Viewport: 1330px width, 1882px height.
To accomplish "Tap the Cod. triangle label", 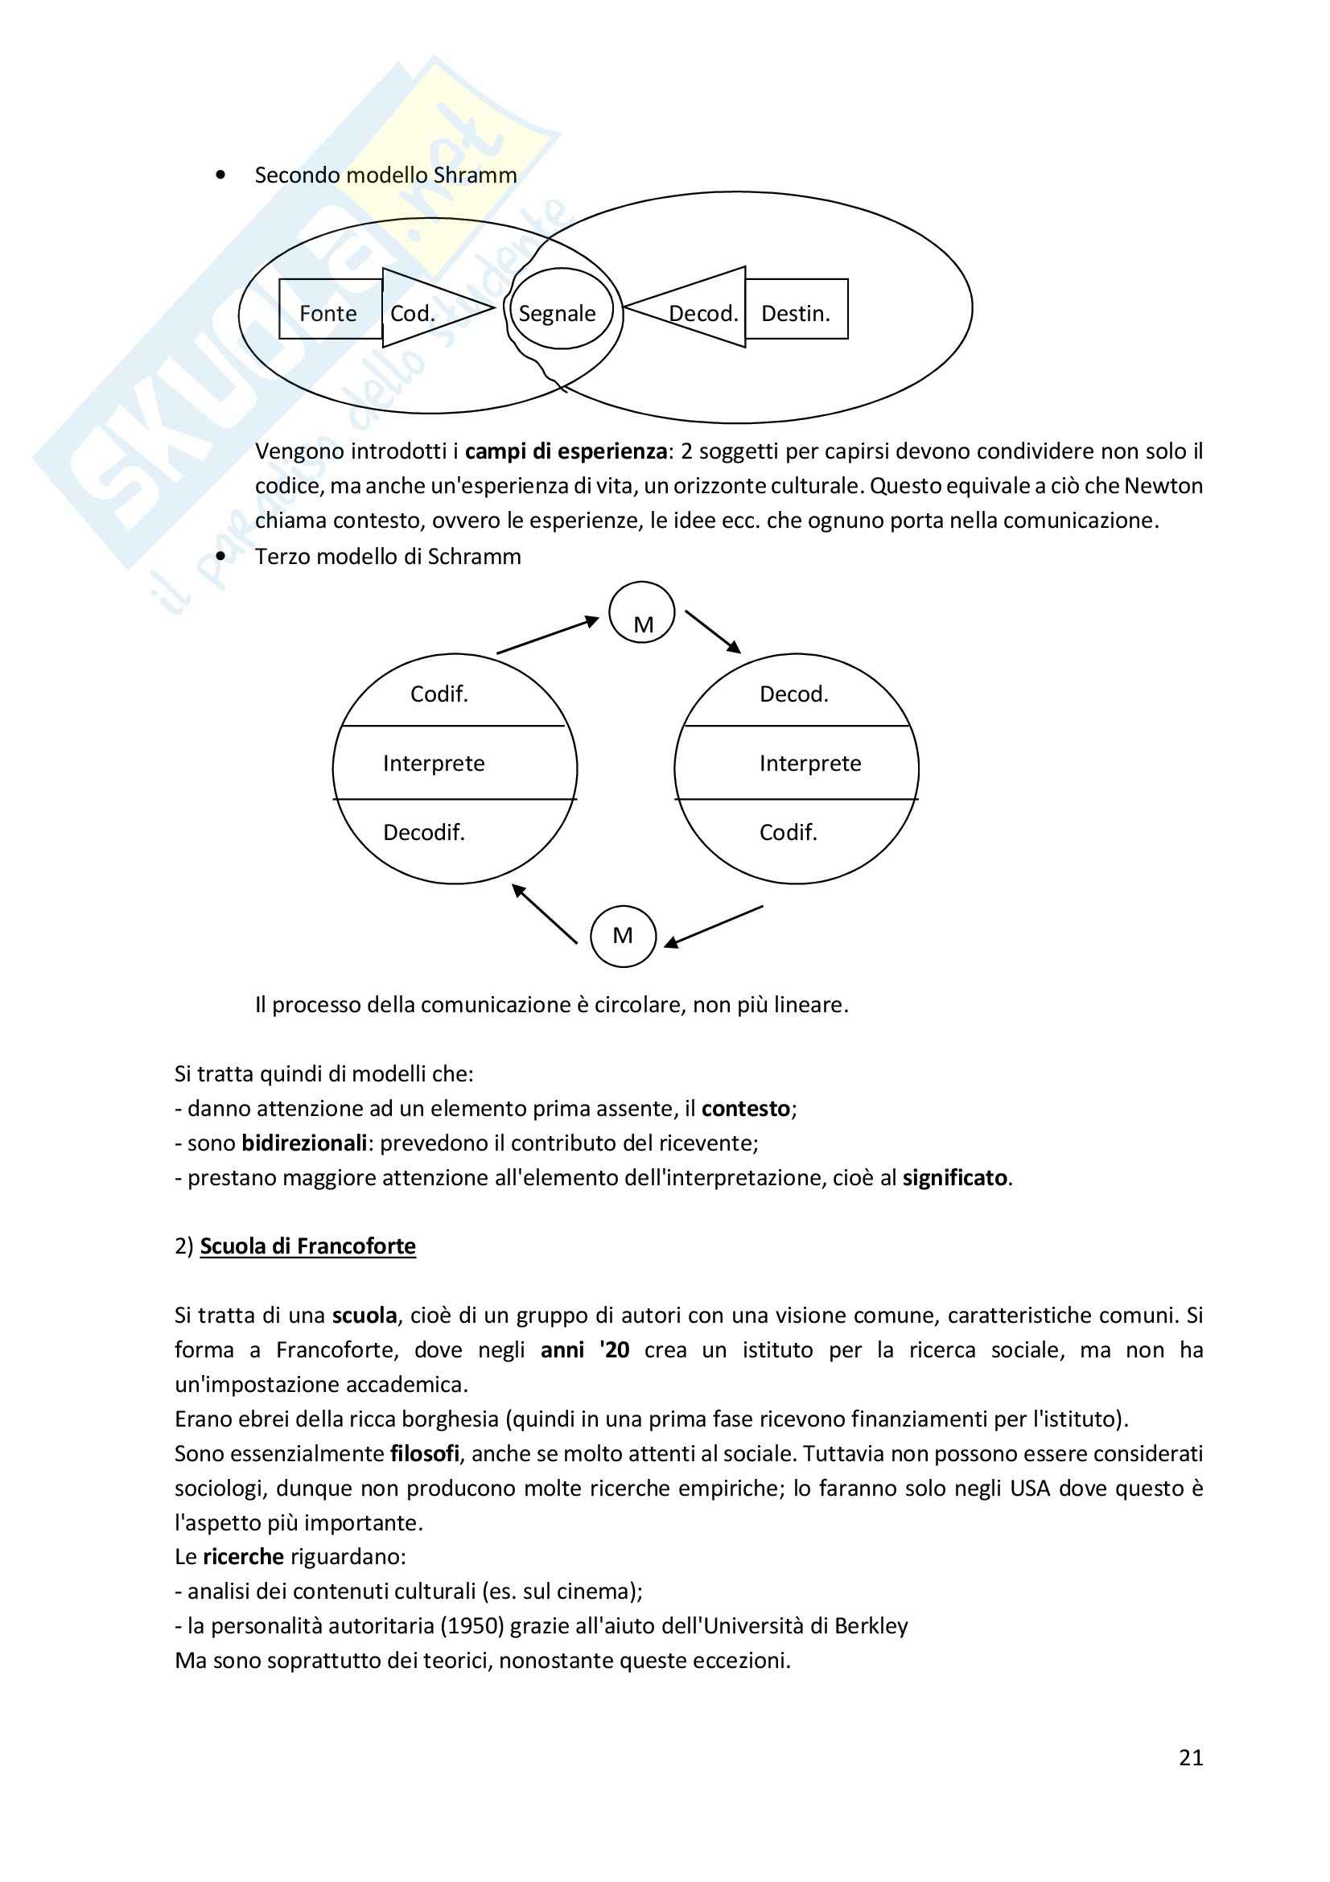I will coord(412,313).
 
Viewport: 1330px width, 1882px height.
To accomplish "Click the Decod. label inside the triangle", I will coord(703,313).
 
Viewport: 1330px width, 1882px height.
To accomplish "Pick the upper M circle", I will coord(641,613).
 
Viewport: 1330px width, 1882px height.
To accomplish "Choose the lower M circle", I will coord(623,936).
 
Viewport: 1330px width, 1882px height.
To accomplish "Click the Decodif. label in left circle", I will coord(424,833).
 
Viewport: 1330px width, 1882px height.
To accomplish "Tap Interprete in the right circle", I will coord(809,764).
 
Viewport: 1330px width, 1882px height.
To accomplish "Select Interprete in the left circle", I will coord(434,764).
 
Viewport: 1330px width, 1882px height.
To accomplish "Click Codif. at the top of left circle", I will coord(439,694).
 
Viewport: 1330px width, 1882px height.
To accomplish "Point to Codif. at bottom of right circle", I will coord(789,833).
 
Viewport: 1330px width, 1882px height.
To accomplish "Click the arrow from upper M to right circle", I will coord(712,631).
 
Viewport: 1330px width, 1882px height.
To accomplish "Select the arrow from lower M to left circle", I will coord(545,915).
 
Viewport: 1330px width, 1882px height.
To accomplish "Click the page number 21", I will coord(1191,1757).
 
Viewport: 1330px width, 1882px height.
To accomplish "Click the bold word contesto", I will coord(746,1109).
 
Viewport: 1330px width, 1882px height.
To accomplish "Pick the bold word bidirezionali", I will coord(304,1143).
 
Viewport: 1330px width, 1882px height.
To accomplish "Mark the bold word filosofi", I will coord(425,1454).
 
